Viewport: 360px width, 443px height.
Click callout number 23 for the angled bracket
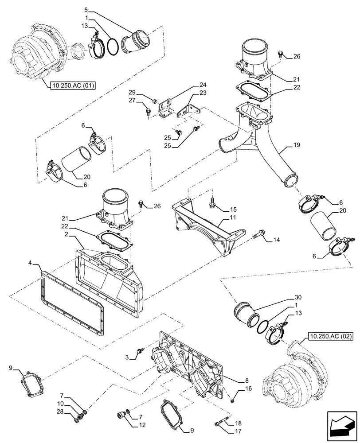[203, 93]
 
